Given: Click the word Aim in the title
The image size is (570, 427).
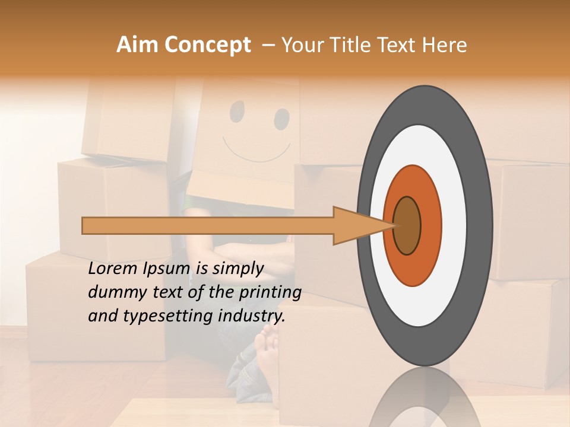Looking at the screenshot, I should pyautogui.click(x=137, y=45).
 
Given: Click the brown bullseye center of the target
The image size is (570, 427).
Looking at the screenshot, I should pyautogui.click(x=407, y=225).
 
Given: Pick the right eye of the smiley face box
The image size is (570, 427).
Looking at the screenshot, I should pyautogui.click(x=281, y=119).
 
